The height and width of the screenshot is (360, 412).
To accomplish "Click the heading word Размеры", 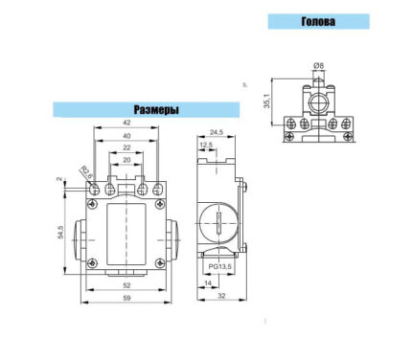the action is click(156, 110).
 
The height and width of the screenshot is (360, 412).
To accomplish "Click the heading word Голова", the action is click(318, 21).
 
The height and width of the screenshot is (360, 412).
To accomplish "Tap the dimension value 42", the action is click(126, 123).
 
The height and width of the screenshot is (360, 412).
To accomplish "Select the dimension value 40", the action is click(126, 136).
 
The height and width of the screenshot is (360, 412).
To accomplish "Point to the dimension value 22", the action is click(126, 147).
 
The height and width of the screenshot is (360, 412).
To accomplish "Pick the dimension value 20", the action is click(126, 160).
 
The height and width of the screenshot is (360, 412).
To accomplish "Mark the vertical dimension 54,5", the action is click(60, 232).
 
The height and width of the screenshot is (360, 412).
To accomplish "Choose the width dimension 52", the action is click(126, 285).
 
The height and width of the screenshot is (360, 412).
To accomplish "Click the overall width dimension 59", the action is click(126, 298).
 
